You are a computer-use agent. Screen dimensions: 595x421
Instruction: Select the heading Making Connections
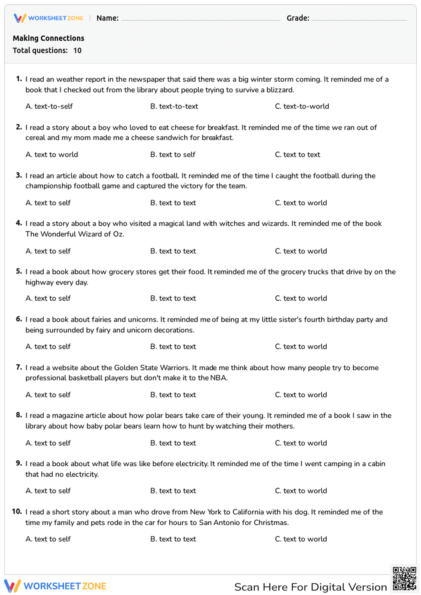click(x=48, y=38)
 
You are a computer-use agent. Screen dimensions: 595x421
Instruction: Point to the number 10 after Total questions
click(x=77, y=50)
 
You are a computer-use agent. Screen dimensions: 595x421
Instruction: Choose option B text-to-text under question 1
click(x=174, y=106)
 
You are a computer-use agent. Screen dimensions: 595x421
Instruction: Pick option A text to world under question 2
click(x=52, y=155)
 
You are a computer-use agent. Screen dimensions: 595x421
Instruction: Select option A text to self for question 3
click(x=48, y=203)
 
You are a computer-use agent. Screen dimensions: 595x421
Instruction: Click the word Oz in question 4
click(x=118, y=234)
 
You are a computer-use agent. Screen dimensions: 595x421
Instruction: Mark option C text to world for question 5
click(x=301, y=298)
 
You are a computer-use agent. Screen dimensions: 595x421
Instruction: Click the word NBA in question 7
click(x=218, y=378)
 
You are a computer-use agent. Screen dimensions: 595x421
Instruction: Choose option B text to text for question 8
click(x=173, y=443)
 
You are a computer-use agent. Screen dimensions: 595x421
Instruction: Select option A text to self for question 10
click(x=48, y=539)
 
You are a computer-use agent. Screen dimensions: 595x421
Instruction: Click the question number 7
click(x=19, y=367)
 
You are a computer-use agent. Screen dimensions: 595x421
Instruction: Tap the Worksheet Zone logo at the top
click(x=49, y=18)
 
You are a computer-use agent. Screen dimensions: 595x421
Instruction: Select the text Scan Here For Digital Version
click(x=310, y=587)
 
